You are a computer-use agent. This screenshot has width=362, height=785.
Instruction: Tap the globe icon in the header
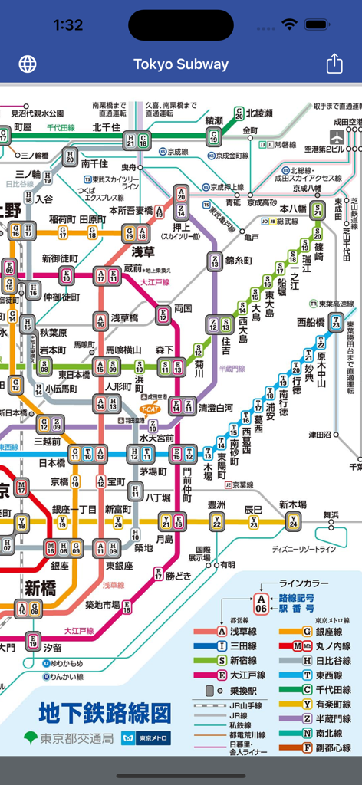click(28, 64)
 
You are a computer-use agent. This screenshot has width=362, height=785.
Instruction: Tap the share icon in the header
click(334, 64)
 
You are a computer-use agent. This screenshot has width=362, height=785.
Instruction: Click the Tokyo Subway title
click(181, 64)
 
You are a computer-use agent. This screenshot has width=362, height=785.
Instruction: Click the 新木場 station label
click(292, 504)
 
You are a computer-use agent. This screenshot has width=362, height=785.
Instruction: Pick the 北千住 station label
click(107, 127)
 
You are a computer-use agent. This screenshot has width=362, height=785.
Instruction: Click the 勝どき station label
click(181, 576)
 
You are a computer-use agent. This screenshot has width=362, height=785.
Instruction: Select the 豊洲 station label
click(217, 504)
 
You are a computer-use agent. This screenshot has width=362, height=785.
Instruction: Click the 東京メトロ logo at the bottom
click(154, 739)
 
